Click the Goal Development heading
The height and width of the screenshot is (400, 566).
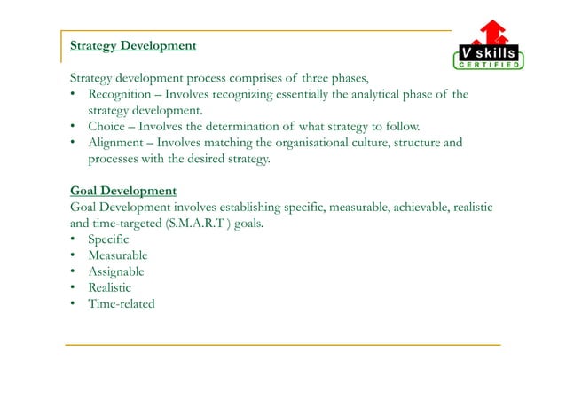pyautogui.click(x=122, y=191)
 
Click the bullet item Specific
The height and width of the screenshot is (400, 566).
pyautogui.click(x=108, y=239)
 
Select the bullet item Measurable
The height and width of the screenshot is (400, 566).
pyautogui.click(x=118, y=255)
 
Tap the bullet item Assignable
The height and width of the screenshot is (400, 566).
pyautogui.click(x=116, y=271)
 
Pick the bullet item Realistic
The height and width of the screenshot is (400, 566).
pyautogui.click(x=109, y=287)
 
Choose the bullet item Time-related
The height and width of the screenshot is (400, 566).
pyautogui.click(x=122, y=303)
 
